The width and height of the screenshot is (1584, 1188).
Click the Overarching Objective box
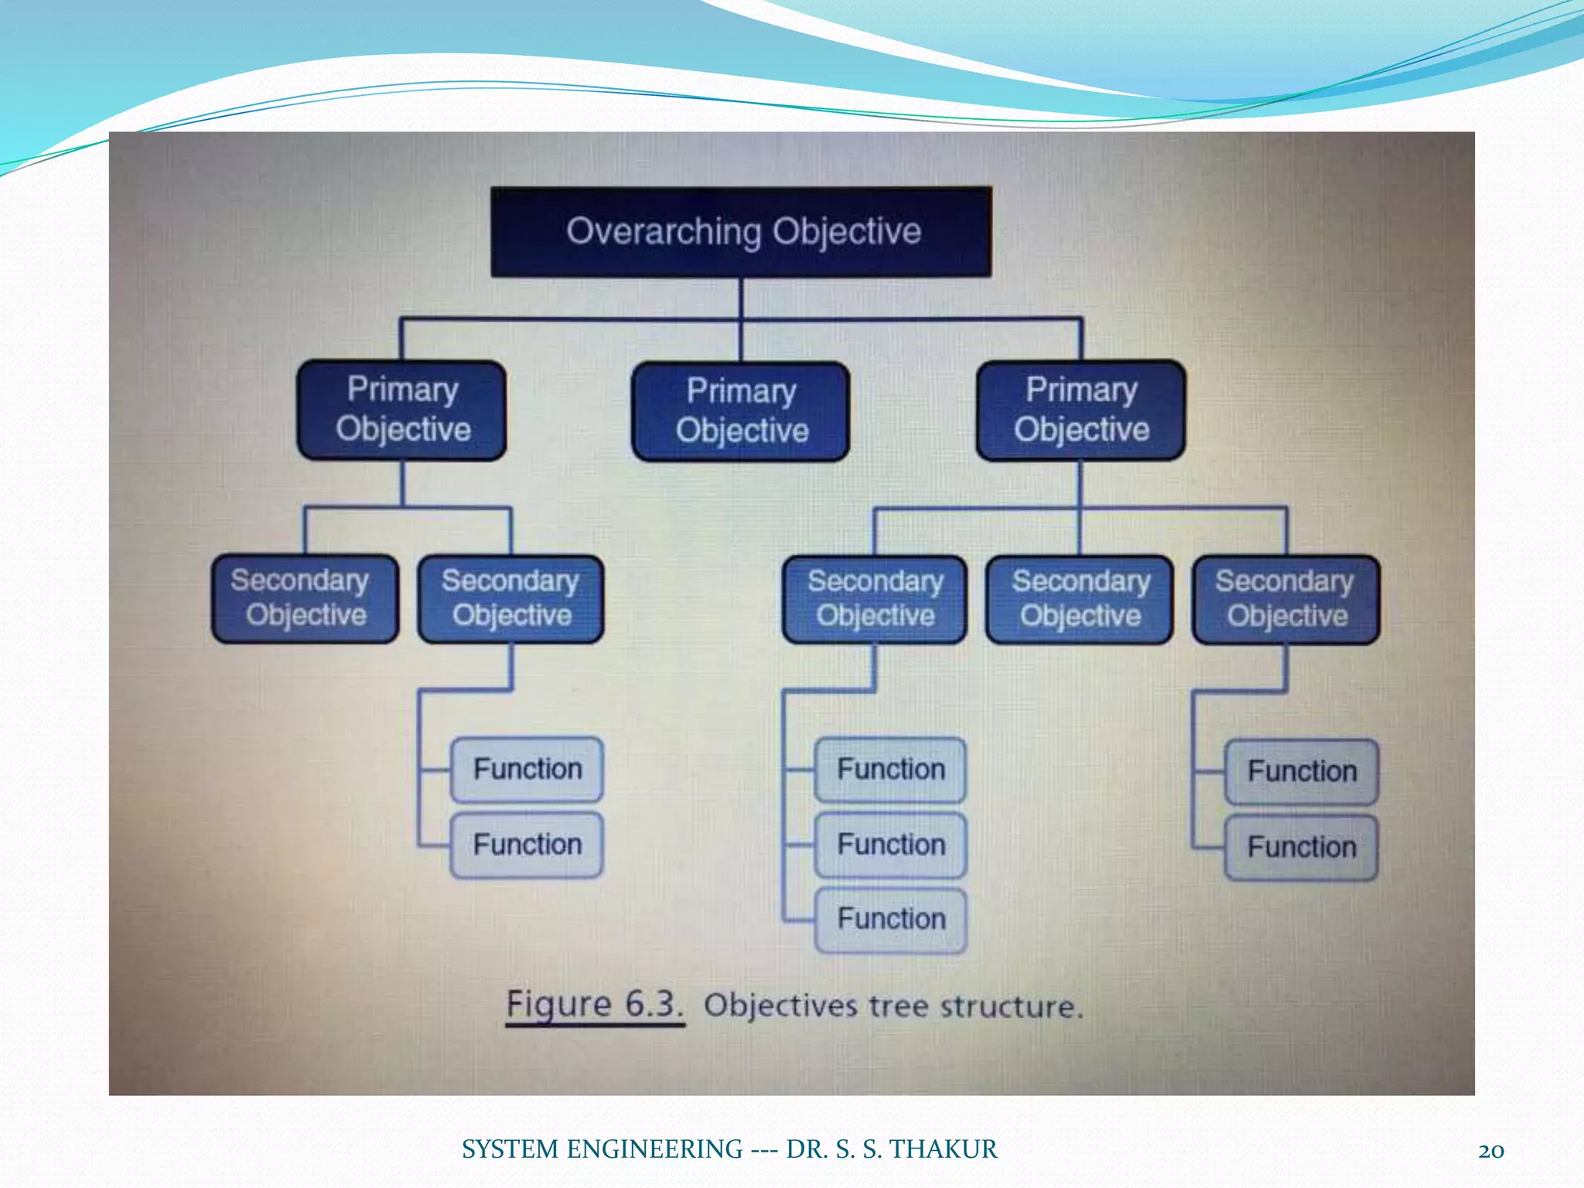pyautogui.click(x=741, y=231)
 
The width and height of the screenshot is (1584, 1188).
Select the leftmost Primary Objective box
pyautogui.click(x=402, y=410)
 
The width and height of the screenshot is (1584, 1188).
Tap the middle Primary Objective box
pyautogui.click(x=741, y=411)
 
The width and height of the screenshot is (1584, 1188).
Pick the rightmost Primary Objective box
pyautogui.click(x=1081, y=410)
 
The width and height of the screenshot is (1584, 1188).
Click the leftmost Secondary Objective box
pyautogui.click(x=306, y=598)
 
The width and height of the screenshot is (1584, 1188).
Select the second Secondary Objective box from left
pyautogui.click(x=510, y=599)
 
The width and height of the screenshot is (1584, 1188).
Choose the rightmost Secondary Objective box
pyautogui.click(x=1286, y=599)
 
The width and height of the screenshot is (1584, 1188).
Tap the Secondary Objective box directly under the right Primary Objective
pyautogui.click(x=1080, y=599)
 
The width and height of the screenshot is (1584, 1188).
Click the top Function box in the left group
pyautogui.click(x=527, y=769)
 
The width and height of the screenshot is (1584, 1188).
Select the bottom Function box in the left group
pyautogui.click(x=527, y=845)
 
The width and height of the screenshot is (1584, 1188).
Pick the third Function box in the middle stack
pyautogui.click(x=891, y=920)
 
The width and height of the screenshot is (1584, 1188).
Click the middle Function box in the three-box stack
pyautogui.click(x=891, y=845)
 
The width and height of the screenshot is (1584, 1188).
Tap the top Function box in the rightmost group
pyautogui.click(x=1302, y=771)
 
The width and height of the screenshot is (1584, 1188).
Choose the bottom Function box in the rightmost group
pyautogui.click(x=1302, y=847)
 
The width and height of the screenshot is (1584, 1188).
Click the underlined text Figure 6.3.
pyautogui.click(x=594, y=1005)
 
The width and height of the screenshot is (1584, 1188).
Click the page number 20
pyautogui.click(x=1490, y=1151)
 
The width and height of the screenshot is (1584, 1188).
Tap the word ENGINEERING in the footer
pyautogui.click(x=654, y=1149)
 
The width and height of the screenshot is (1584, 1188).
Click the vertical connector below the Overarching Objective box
pyautogui.click(x=741, y=298)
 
